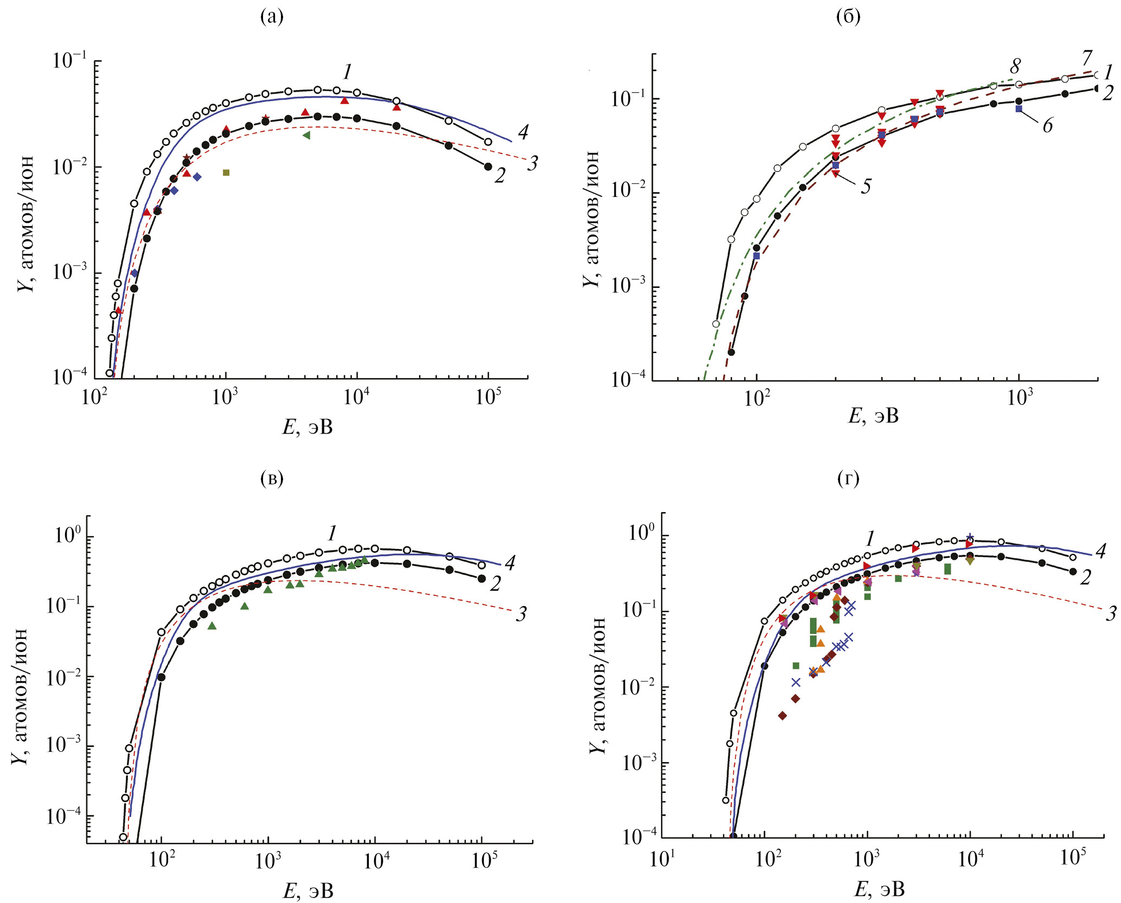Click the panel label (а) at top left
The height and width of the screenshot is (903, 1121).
[272, 18]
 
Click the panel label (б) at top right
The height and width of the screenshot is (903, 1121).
[849, 18]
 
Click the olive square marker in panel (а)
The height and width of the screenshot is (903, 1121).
[226, 172]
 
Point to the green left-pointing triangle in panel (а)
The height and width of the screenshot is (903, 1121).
[306, 135]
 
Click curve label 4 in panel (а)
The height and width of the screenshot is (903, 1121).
[523, 132]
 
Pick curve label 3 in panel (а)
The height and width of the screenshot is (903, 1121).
[533, 163]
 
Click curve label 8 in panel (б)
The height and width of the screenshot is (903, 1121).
[1015, 67]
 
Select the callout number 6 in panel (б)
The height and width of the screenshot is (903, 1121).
[1048, 126]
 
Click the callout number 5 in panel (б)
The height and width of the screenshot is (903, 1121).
[866, 187]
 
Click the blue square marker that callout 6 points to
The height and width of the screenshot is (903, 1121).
[1018, 109]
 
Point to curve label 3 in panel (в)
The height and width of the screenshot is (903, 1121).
[521, 614]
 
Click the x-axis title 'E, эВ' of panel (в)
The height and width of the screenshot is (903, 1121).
[308, 891]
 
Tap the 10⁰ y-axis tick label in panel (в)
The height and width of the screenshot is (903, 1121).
[67, 535]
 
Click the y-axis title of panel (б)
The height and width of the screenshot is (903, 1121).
[592, 219]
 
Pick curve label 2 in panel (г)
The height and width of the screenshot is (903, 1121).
[1085, 578]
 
